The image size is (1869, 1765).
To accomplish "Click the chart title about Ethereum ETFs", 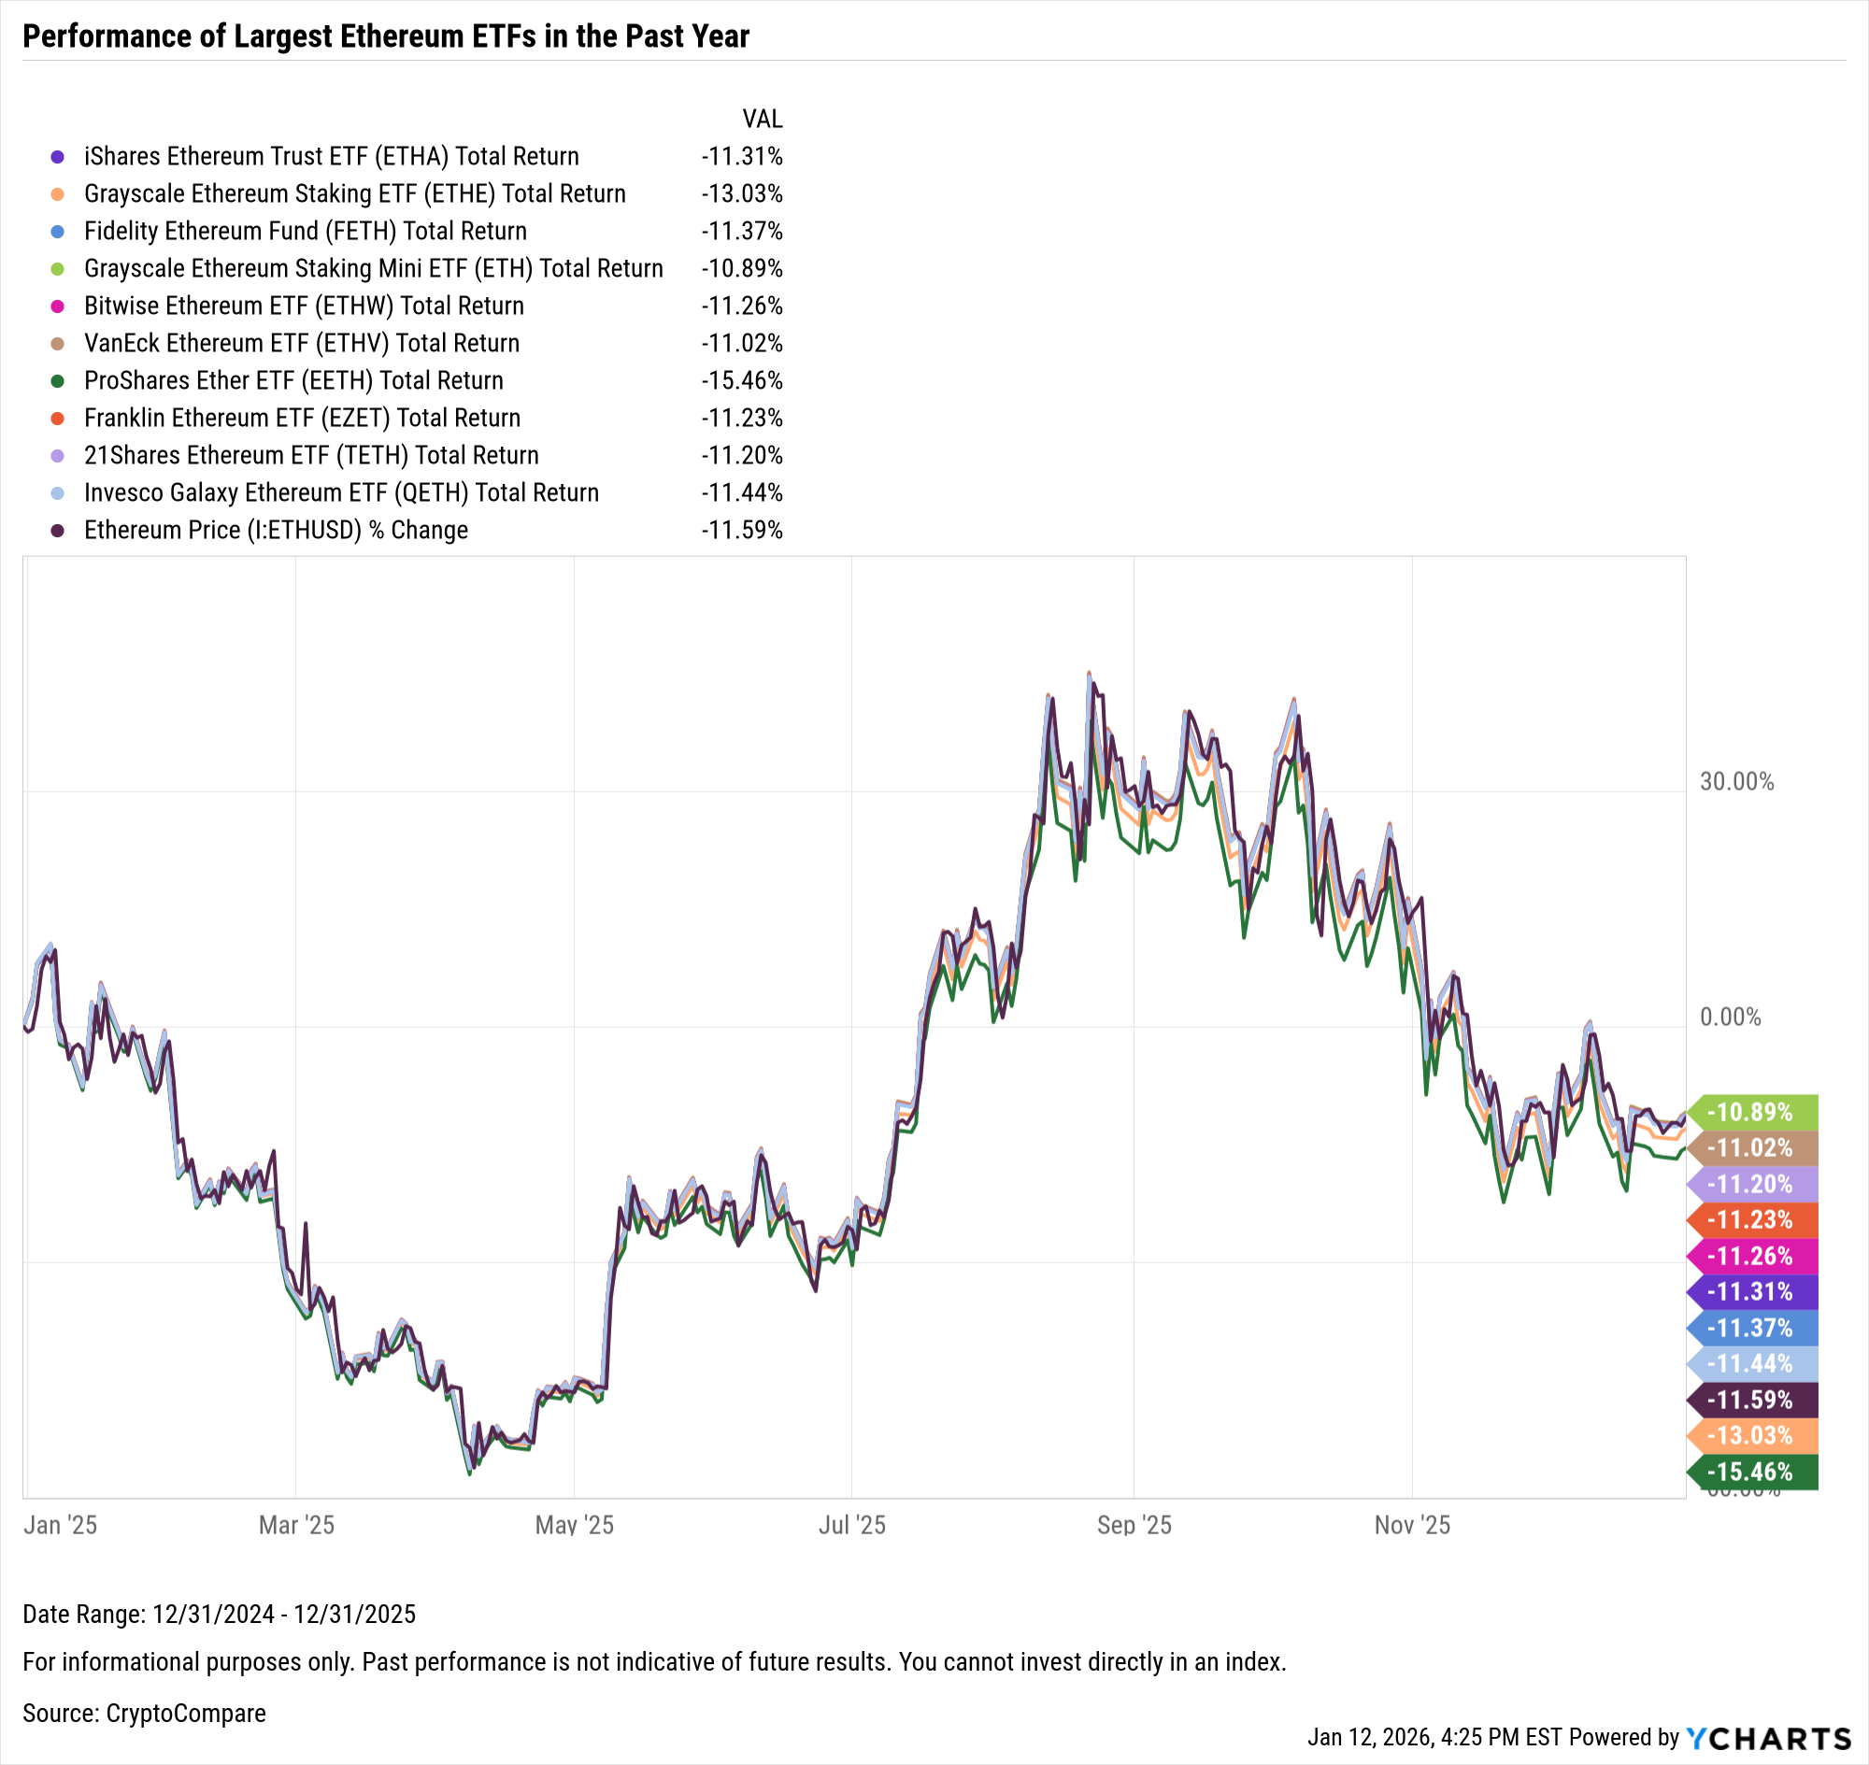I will point(386,36).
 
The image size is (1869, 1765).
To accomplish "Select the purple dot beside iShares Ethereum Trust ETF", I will point(57,157).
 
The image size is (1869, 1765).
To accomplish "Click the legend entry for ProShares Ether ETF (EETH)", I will point(293,381).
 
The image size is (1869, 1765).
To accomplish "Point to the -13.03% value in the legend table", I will point(742,193).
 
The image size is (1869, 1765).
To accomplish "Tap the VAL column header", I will point(763,120).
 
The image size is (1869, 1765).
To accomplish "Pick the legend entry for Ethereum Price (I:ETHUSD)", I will point(276,531).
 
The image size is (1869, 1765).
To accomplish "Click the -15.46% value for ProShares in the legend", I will point(742,381).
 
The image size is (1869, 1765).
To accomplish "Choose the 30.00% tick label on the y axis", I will point(1736,782).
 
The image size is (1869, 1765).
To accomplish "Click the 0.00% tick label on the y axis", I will point(1730,1017).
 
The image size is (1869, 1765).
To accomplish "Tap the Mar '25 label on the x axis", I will point(296,1525).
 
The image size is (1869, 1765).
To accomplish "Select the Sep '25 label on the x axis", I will point(1134,1525).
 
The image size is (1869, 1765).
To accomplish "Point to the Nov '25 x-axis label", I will point(1412,1525).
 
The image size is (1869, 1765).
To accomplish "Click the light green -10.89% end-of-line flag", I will point(1750,1112).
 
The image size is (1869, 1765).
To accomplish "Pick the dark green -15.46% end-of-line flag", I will point(1750,1473).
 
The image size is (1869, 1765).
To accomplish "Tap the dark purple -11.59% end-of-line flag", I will point(1750,1400).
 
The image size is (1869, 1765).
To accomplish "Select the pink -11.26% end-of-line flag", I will point(1750,1256).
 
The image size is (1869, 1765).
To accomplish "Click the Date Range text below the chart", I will point(220,1615).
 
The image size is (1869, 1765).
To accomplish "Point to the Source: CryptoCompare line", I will point(144,1714).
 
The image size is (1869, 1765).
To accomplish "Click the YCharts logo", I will point(1768,1739).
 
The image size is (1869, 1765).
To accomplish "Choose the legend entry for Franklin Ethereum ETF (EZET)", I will point(302,419).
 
